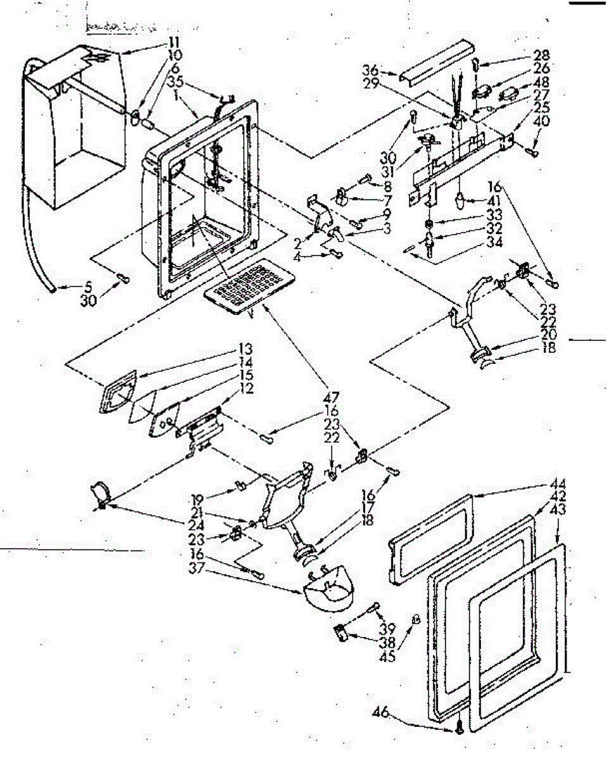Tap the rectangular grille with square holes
click(249, 287)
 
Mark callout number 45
click(388, 657)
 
